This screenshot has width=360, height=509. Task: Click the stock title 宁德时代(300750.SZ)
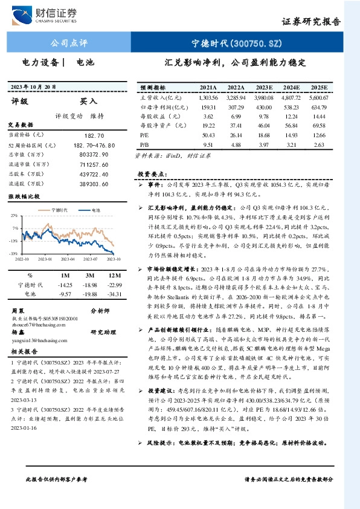click(236, 43)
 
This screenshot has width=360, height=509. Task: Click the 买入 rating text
click(88, 102)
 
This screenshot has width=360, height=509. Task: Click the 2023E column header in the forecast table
click(264, 88)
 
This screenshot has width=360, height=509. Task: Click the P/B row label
click(144, 144)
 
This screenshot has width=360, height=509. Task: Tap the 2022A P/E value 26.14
click(236, 135)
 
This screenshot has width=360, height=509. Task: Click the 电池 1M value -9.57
click(64, 294)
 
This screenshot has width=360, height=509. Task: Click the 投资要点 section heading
click(150, 173)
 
